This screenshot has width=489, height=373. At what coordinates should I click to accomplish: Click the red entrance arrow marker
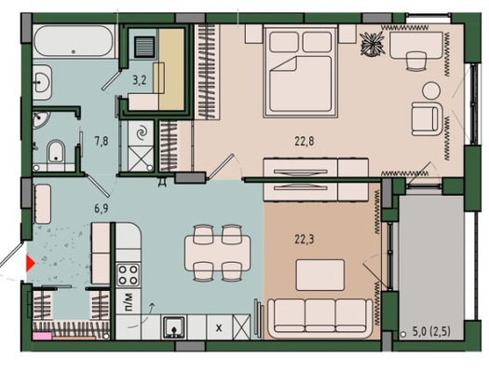30,264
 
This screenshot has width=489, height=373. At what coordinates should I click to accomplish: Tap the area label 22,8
305,142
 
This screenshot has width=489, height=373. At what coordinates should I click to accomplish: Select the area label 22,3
305,240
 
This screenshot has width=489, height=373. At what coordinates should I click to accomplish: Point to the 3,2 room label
140,80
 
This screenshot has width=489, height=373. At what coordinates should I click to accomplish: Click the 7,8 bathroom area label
102,142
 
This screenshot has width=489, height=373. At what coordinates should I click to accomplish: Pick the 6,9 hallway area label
102,208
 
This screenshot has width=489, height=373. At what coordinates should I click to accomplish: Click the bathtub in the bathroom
74,41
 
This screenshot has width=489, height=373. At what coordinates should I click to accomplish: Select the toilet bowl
56,152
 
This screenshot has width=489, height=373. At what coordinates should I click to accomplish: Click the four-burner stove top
128,275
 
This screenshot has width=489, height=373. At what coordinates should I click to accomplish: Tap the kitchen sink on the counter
174,326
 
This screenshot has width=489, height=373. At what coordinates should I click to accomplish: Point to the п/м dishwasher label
129,301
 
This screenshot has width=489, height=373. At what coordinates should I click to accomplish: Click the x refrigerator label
219,328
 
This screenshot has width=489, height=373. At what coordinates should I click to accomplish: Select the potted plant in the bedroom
372,44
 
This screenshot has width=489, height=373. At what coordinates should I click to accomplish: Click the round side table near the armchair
431,90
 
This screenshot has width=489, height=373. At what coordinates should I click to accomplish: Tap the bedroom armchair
428,118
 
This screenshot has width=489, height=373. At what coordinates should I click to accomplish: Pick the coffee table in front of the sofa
320,275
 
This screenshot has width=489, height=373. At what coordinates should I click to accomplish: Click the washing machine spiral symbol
142,132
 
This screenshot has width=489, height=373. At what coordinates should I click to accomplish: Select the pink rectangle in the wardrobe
43,336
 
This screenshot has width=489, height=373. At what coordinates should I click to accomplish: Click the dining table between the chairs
217,254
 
